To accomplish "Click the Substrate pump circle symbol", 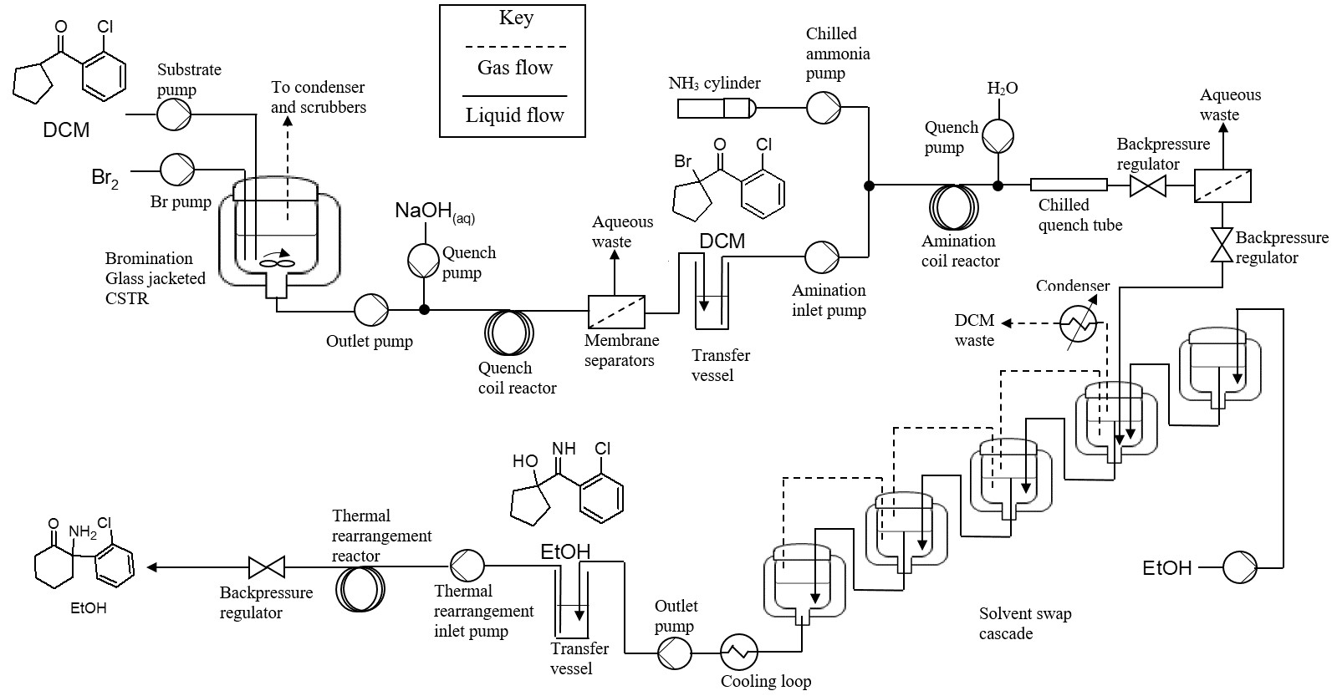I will click(175, 114).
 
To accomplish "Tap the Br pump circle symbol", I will click(176, 169).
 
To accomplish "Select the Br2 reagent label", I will click(105, 179).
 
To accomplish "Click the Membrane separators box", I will click(617, 311).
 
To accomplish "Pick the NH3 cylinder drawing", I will click(716, 108).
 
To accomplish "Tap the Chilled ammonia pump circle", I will click(823, 107).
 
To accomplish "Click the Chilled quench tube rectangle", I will click(1069, 185).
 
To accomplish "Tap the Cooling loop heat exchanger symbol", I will click(739, 649).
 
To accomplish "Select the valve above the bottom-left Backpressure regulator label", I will click(267, 567).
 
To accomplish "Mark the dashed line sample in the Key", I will click(515, 47).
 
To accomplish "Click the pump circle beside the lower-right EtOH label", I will click(1240, 567).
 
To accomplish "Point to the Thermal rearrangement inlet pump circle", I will click(467, 566).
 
